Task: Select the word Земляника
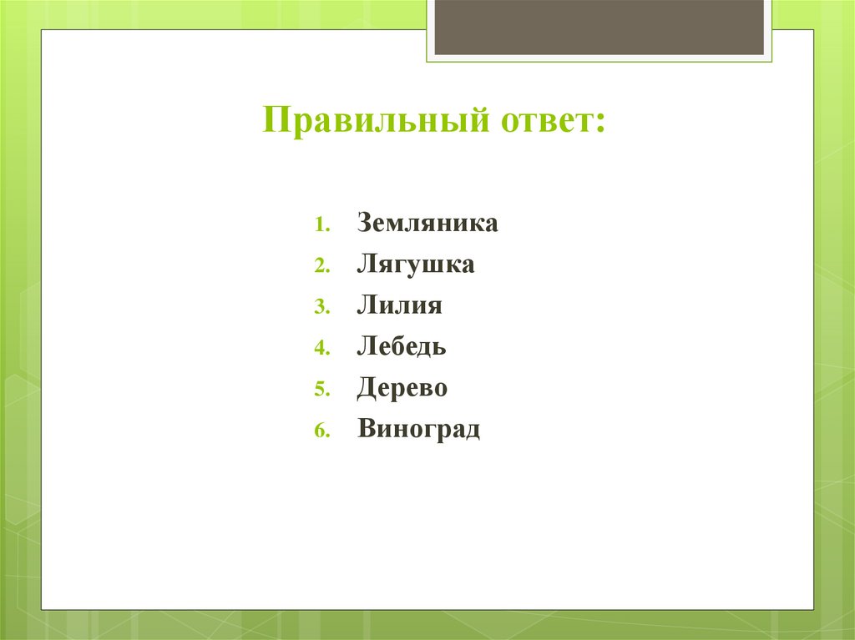coord(427,224)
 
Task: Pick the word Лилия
coord(399,306)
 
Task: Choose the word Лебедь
coord(402,347)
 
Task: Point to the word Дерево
coord(402,389)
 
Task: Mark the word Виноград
coord(419,430)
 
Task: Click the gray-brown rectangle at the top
coord(599,27)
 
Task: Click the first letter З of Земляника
coord(365,224)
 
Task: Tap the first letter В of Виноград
coord(367,430)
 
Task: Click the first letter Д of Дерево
coord(367,390)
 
